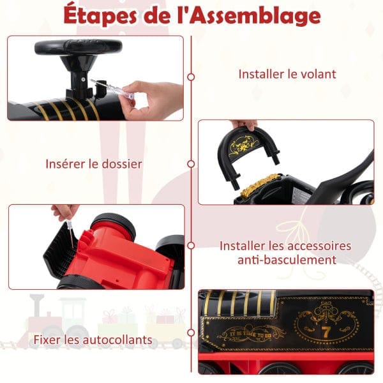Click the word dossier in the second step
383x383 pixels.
click(122, 163)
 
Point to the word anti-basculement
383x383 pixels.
click(287, 260)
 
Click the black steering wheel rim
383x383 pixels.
click(79, 47)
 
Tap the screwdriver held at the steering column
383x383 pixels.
click(111, 89)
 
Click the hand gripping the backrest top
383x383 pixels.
click(244, 124)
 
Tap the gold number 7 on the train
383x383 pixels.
click(326, 332)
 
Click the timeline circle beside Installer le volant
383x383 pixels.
click(191, 77)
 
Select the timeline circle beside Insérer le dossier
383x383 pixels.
click(191, 163)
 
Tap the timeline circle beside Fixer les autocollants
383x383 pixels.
click(191, 333)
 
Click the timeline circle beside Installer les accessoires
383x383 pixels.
click(191, 246)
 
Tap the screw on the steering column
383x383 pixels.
click(83, 79)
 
